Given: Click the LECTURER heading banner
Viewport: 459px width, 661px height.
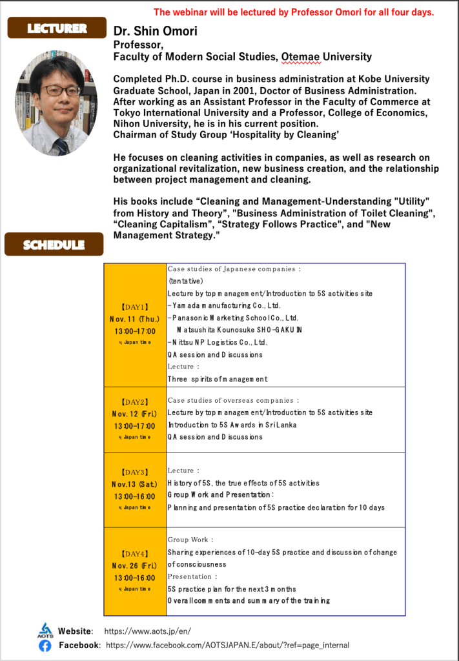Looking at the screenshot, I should (56, 28).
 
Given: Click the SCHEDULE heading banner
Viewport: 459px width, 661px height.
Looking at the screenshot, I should (54, 245).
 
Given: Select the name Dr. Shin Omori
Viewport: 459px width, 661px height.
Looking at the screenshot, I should (156, 31).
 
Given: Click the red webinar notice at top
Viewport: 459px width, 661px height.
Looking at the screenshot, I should (294, 12).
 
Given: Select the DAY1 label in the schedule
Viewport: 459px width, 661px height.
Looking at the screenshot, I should (135, 307).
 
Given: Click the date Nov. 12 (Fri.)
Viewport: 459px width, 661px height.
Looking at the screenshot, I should (134, 414).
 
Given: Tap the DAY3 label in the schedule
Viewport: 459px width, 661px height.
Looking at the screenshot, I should (135, 472).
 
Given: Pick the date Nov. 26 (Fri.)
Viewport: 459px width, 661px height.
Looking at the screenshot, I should (134, 565).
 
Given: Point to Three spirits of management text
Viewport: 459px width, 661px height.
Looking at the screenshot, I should (217, 379).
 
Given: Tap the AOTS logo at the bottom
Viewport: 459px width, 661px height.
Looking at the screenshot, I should (45, 630).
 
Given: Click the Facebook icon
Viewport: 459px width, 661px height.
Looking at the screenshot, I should (45, 645).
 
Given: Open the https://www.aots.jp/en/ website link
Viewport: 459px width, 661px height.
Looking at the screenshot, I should (147, 631).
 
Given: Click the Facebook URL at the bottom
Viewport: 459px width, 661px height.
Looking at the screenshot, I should (227, 645).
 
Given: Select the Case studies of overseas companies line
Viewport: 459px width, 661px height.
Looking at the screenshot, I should (233, 401).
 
